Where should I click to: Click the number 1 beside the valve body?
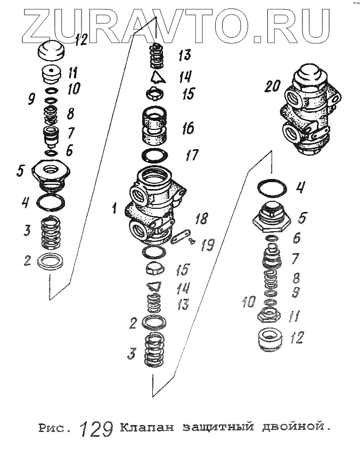[114, 209]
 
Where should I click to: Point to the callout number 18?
[202, 218]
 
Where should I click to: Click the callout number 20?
[272, 86]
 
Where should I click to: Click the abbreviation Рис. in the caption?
[54, 428]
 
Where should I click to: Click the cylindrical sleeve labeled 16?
[155, 128]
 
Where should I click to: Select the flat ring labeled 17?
[155, 156]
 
